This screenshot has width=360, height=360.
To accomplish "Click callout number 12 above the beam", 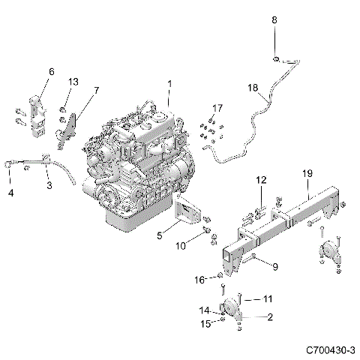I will (260, 180).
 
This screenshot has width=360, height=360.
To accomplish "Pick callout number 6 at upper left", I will (51, 72).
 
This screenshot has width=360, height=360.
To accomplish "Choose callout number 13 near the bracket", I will (73, 81).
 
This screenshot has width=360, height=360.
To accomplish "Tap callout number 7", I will (95, 90).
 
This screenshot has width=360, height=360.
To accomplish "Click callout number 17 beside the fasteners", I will (217, 109).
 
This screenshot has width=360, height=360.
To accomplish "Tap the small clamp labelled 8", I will (277, 58).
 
